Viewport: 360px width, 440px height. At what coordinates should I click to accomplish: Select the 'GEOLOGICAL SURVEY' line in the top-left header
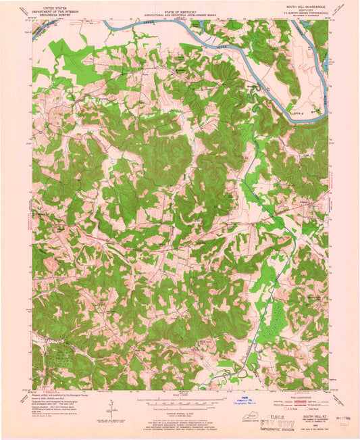[56, 16]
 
